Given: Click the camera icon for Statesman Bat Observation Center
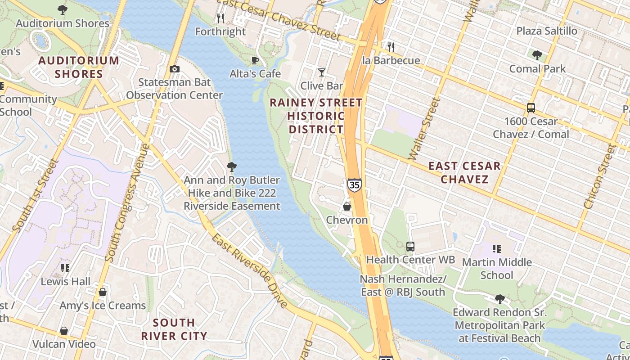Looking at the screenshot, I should pyautogui.click(x=175, y=69).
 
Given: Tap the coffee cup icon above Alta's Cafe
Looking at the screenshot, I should pyautogui.click(x=255, y=60).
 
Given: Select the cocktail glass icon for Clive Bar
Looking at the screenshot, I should pyautogui.click(x=321, y=72).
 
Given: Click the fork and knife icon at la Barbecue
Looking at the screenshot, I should pyautogui.click(x=391, y=47).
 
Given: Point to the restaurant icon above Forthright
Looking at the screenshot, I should pyautogui.click(x=220, y=18).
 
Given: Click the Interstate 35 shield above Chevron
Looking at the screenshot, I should pyautogui.click(x=354, y=184).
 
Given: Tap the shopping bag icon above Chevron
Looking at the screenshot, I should pyautogui.click(x=347, y=207).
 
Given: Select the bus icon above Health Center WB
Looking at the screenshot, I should pyautogui.click(x=410, y=246).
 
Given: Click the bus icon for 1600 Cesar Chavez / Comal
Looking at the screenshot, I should pyautogui.click(x=531, y=108).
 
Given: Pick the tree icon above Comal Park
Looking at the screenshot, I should pyautogui.click(x=537, y=55).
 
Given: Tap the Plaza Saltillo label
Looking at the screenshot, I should pyautogui.click(x=547, y=31).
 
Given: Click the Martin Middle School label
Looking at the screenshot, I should pyautogui.click(x=497, y=268).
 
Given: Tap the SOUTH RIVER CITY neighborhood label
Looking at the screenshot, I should pyautogui.click(x=174, y=329).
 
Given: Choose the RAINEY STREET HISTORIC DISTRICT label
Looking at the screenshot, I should pyautogui.click(x=316, y=116).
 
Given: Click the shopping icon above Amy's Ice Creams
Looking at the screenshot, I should pyautogui.click(x=103, y=292).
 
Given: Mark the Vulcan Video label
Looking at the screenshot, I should pyautogui.click(x=64, y=344).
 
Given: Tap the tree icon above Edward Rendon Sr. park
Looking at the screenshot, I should pyautogui.click(x=499, y=299).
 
